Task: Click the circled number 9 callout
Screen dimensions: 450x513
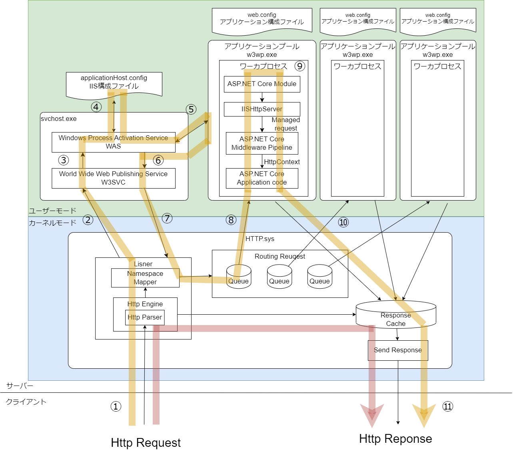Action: pos(299,66)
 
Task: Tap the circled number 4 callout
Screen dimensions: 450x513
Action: pos(96,107)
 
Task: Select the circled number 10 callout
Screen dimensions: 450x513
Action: pos(343,222)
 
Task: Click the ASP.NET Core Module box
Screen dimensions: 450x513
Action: pos(262,84)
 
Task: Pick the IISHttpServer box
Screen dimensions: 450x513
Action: pos(262,109)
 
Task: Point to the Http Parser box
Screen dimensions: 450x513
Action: pos(145,317)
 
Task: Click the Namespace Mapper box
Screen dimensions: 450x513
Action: pos(145,278)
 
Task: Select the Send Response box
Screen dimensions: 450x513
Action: pos(398,350)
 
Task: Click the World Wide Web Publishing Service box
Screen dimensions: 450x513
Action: pos(114,178)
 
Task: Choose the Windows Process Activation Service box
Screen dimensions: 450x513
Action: pos(114,142)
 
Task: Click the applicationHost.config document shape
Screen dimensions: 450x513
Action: pos(114,83)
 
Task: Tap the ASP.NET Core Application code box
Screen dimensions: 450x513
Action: pos(262,178)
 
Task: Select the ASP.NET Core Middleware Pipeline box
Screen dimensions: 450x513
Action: pos(262,143)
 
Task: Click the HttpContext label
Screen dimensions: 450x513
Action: pos(282,162)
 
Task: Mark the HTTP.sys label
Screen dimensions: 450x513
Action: pos(260,239)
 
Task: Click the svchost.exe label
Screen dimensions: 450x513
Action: pos(59,119)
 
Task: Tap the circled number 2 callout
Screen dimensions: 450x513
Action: pos(88,220)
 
